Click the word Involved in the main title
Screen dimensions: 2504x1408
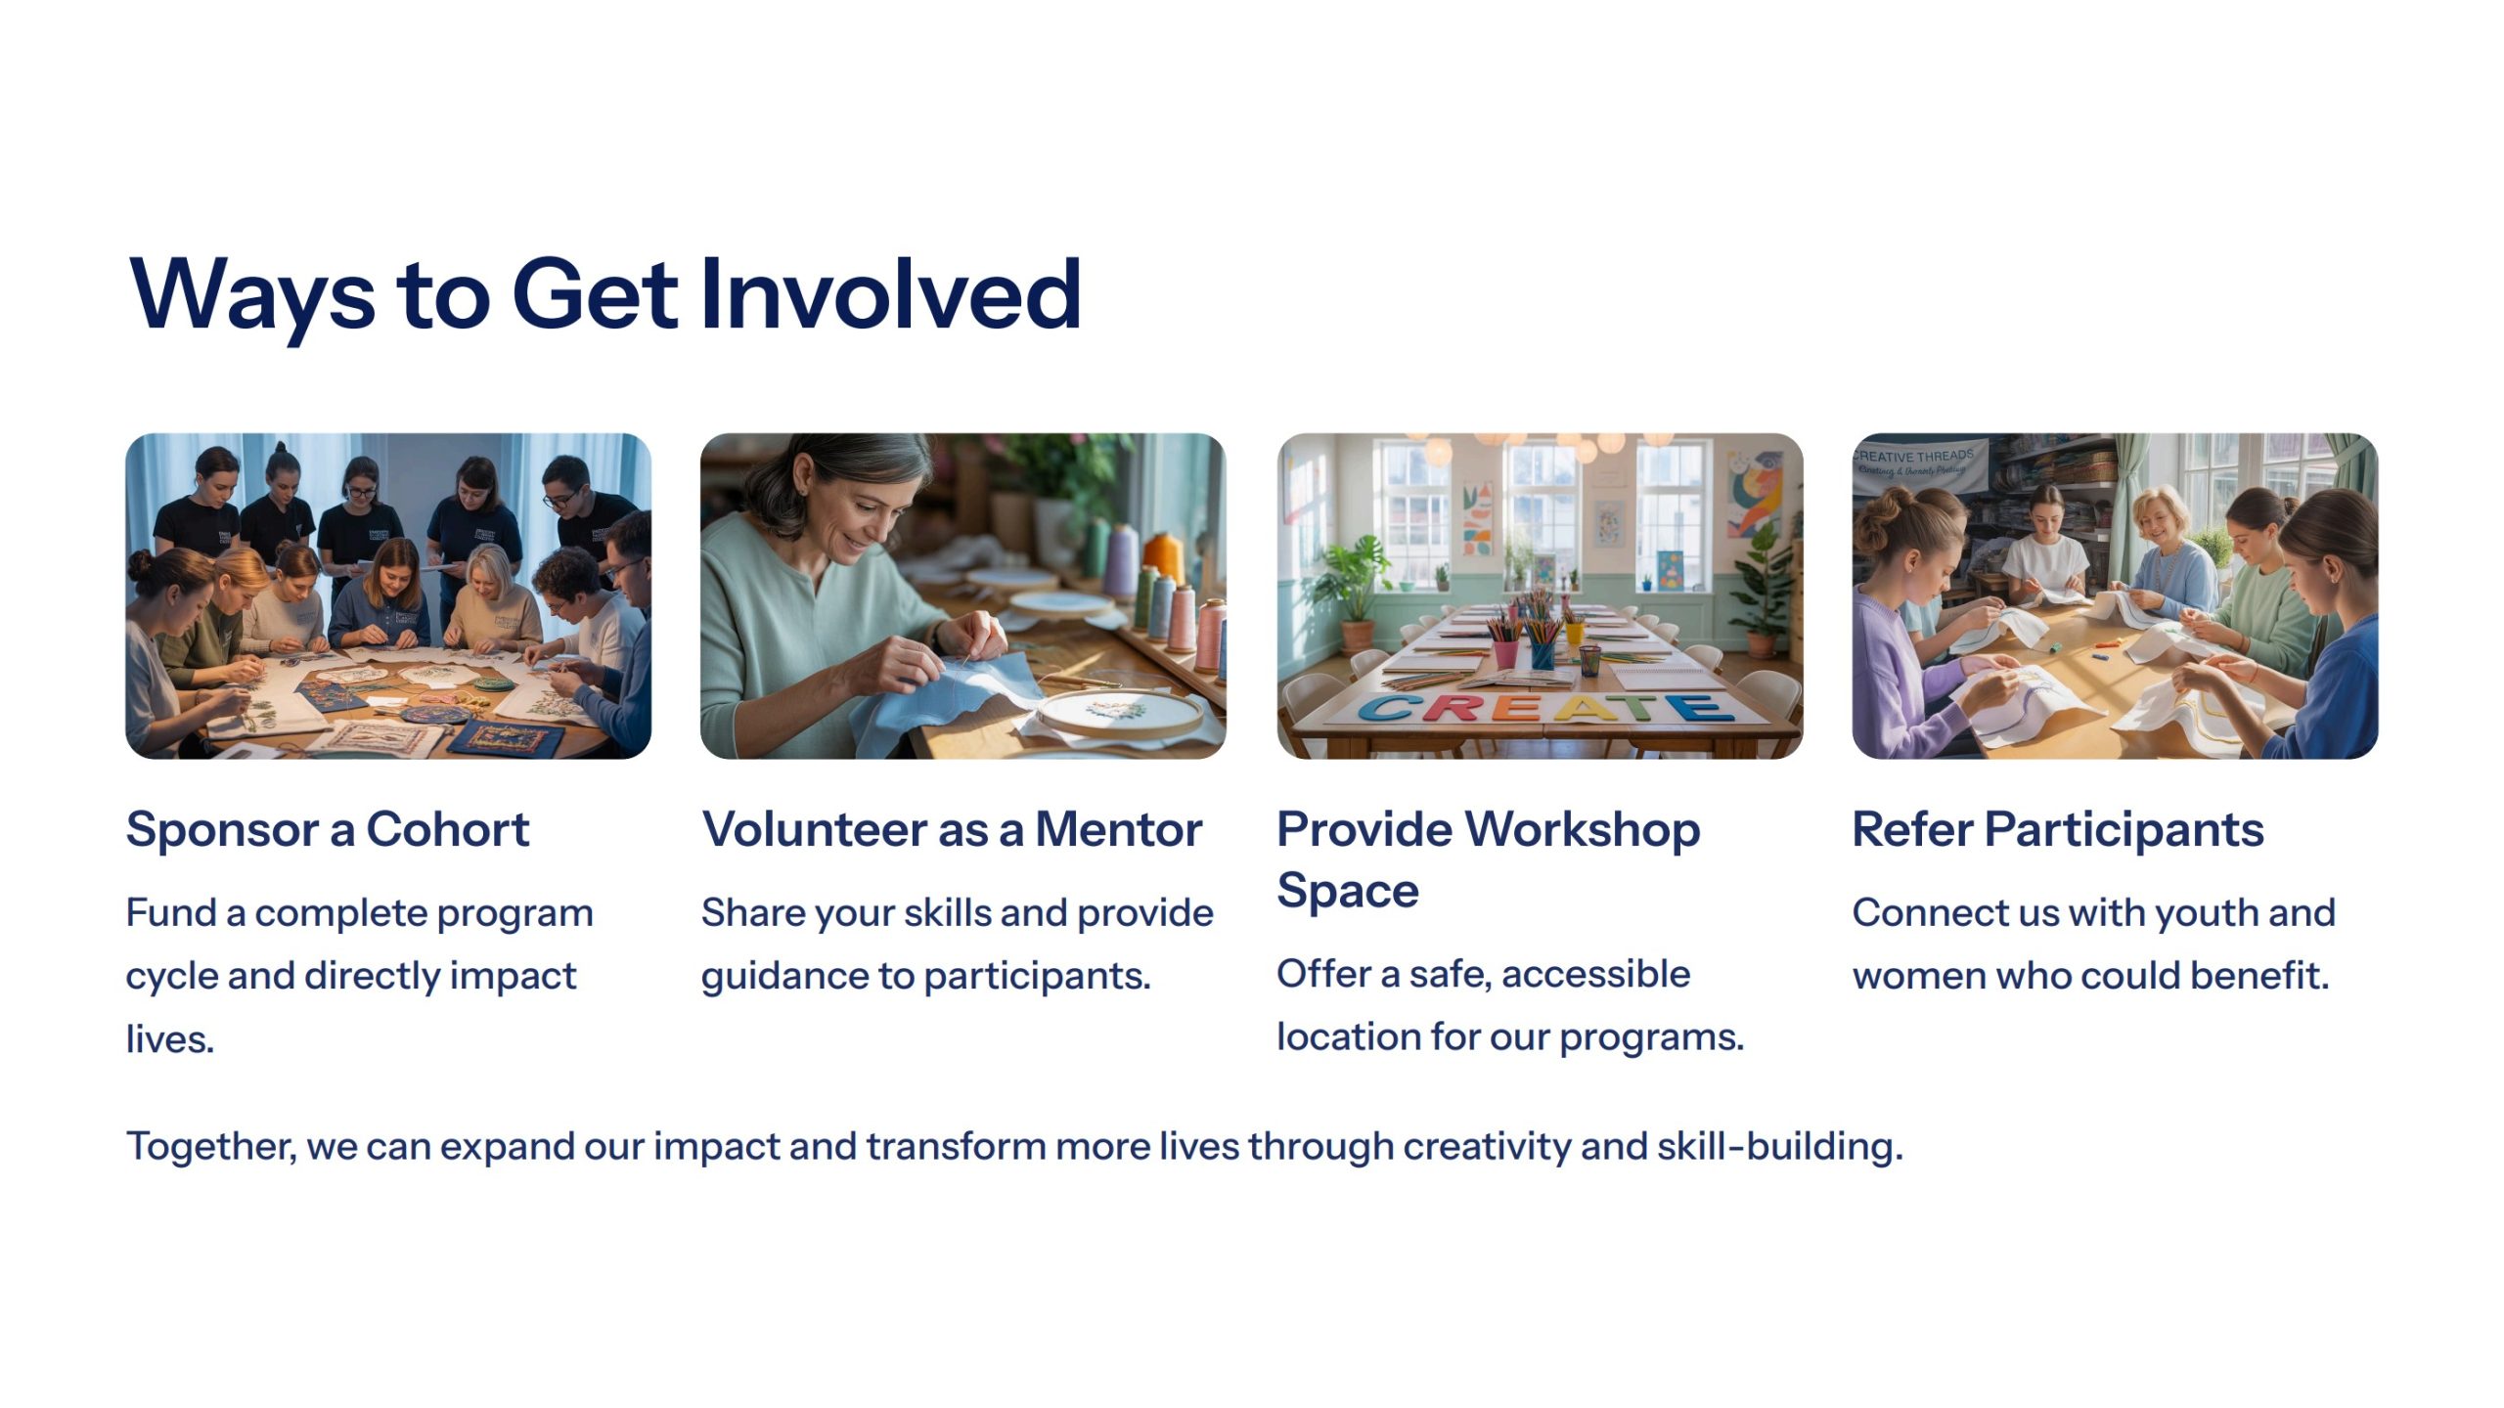891,293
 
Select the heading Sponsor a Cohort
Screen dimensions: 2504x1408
328,829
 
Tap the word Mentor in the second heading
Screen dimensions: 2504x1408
1118,829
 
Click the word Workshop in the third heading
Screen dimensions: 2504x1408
1584,829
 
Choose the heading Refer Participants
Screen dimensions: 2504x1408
2058,829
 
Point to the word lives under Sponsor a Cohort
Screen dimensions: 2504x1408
169,1038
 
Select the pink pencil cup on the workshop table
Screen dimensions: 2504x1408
1506,652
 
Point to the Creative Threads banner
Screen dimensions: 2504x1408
1919,466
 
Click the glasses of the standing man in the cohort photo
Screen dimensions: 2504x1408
559,501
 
